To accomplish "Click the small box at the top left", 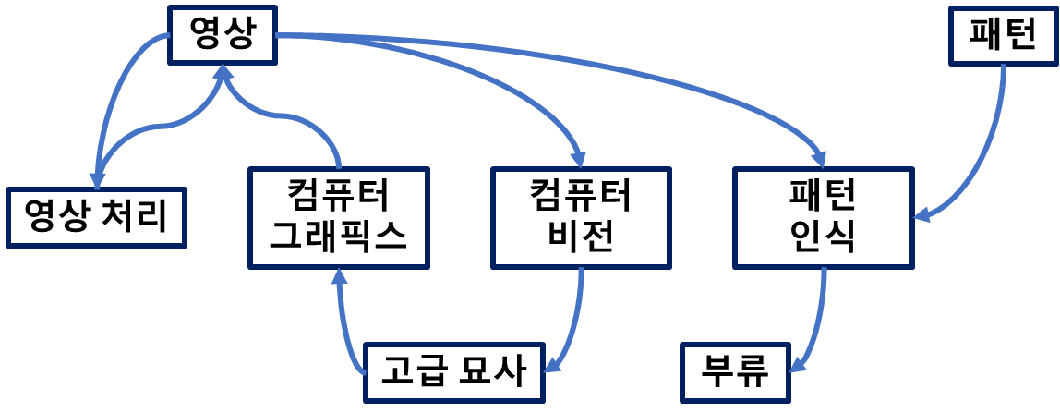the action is [x=223, y=35].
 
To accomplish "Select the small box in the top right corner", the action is [x=1003, y=36].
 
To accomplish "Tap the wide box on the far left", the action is [x=96, y=218].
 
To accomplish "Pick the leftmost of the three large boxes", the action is [x=339, y=218].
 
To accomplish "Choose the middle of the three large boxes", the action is [x=581, y=218].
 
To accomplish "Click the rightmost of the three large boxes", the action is [x=824, y=218].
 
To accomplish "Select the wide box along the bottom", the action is [x=454, y=372].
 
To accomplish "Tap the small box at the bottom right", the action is [x=736, y=372].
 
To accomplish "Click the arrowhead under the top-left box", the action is [x=223, y=73].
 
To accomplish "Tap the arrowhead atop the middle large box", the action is [x=579, y=159].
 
